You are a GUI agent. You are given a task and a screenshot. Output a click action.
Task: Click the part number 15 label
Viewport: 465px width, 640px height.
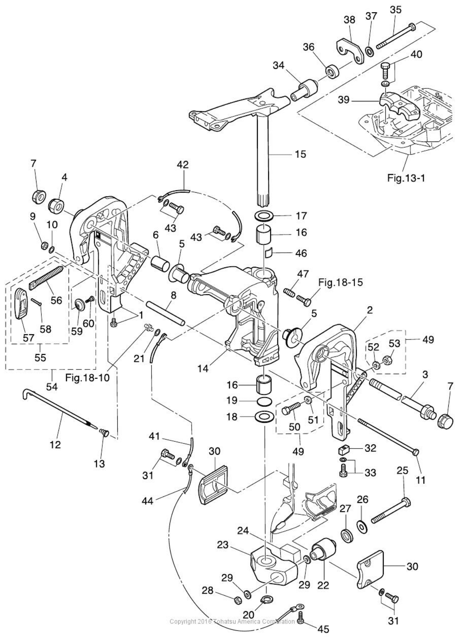pos(301,155)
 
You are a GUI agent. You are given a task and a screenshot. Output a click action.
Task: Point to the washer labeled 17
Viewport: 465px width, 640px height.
pos(266,215)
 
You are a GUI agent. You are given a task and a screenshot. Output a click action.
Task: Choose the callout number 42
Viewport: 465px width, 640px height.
pos(183,165)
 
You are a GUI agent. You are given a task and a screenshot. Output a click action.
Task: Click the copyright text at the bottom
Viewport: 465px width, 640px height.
pos(232,621)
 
